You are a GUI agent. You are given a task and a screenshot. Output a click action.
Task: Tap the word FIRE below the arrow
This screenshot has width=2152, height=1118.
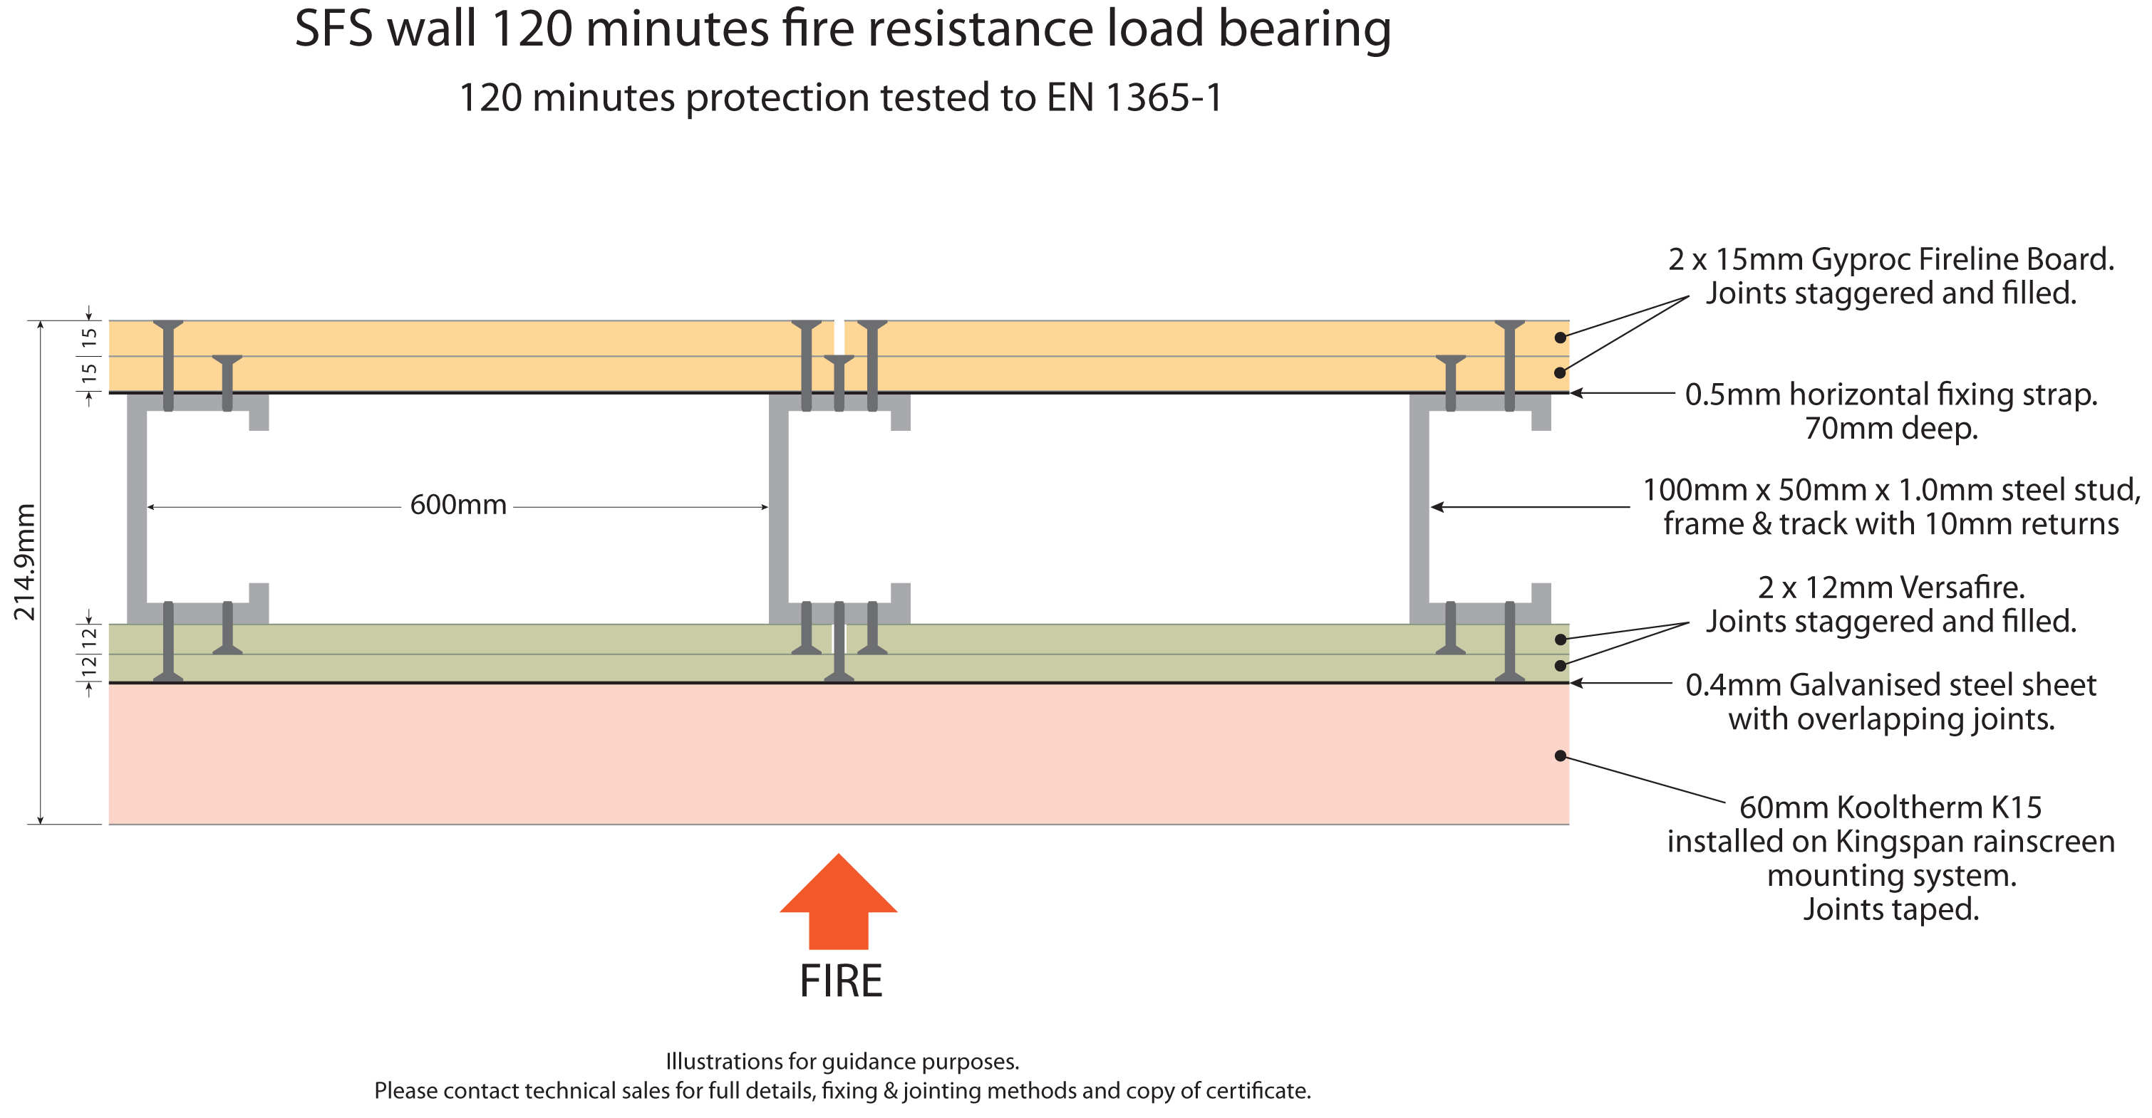pos(840,981)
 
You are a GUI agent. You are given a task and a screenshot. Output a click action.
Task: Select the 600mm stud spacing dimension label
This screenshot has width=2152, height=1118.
pos(457,505)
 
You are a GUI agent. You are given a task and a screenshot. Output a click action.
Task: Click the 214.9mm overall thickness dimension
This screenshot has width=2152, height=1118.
pos(24,562)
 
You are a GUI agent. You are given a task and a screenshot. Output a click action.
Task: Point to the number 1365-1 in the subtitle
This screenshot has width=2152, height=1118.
pos(1164,98)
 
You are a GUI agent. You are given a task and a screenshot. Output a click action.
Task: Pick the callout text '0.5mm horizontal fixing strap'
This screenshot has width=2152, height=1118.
pos(1890,394)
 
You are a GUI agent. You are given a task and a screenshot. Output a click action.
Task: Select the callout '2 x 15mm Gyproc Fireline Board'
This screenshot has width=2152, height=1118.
pos(1890,260)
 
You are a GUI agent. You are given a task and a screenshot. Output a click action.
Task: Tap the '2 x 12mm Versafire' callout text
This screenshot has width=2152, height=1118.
pos(1891,587)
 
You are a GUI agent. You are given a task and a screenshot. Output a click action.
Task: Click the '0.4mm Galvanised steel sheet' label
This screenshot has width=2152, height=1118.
pos(1890,684)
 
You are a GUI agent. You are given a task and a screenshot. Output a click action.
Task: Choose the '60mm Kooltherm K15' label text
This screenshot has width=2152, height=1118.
pos(1890,808)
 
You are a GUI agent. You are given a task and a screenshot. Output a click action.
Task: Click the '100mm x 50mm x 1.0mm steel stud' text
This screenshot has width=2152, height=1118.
pos(1891,490)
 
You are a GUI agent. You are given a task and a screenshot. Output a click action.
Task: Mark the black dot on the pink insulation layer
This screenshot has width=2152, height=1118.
pos(1560,756)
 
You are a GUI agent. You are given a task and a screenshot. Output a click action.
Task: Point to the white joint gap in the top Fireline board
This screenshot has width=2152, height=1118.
pos(839,338)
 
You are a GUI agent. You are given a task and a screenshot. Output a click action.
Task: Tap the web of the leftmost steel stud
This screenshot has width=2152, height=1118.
pos(137,508)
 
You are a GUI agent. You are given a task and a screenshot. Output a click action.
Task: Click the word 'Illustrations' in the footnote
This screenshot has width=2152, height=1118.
pos(724,1062)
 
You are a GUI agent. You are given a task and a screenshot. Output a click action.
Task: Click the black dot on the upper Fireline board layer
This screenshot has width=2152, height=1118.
pos(1560,338)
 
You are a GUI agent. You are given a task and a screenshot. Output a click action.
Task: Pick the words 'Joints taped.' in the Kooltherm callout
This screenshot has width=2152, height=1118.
pos(1891,909)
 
